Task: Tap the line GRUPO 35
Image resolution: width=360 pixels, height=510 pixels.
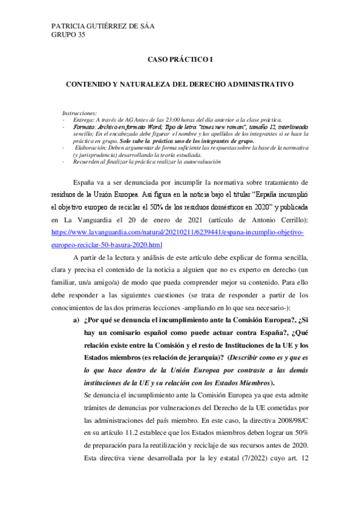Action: (x=69, y=35)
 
